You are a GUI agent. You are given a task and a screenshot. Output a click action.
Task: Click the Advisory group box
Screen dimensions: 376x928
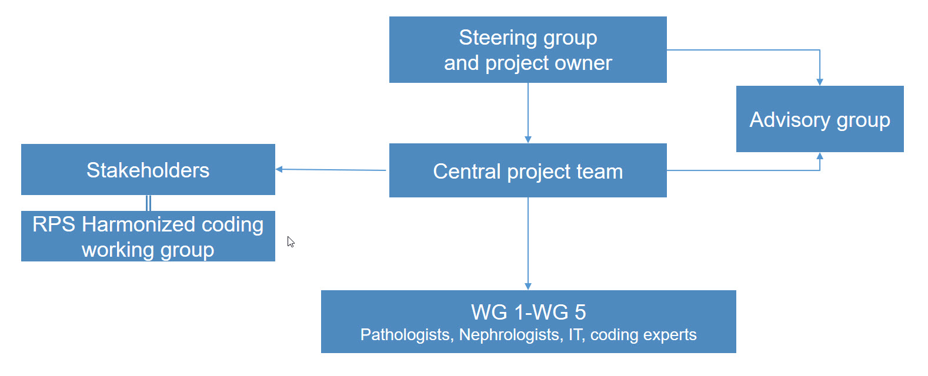pos(819,119)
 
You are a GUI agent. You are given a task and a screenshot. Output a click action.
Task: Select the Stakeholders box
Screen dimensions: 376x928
pos(148,170)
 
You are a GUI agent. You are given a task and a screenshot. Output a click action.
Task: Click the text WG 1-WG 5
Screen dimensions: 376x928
pos(528,312)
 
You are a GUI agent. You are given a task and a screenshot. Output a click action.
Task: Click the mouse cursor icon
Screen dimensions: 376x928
pos(291,241)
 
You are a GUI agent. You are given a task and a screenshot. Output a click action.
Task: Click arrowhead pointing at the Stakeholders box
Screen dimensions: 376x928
pos(279,169)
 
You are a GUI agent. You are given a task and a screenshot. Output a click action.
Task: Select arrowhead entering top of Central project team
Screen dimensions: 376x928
pos(528,139)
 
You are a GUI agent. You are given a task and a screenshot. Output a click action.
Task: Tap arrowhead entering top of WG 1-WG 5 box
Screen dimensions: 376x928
pos(528,286)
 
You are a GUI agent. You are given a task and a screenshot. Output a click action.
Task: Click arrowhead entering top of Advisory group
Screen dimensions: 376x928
pos(820,82)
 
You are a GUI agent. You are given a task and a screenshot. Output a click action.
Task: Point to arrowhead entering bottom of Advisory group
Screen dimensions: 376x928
pos(820,156)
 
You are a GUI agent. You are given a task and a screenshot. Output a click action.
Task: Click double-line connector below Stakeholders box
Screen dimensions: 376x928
pos(148,203)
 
